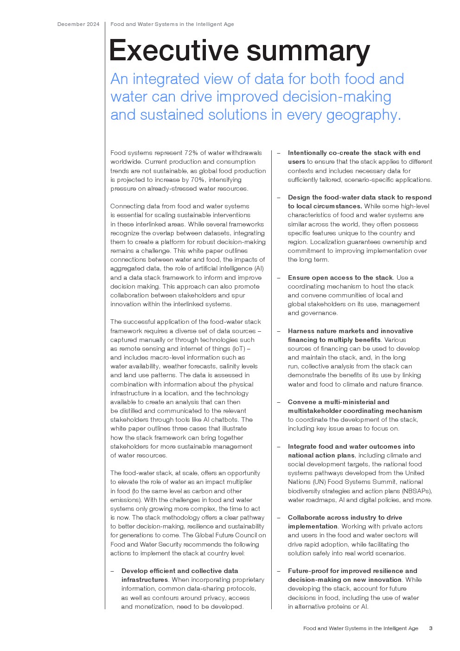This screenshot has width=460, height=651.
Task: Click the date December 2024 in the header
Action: [78, 24]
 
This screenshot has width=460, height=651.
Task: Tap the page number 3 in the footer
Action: [431, 628]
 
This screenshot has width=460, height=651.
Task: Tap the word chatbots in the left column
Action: [225, 419]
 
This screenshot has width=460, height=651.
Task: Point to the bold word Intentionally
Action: [307, 153]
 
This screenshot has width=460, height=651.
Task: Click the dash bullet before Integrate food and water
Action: [279, 446]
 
